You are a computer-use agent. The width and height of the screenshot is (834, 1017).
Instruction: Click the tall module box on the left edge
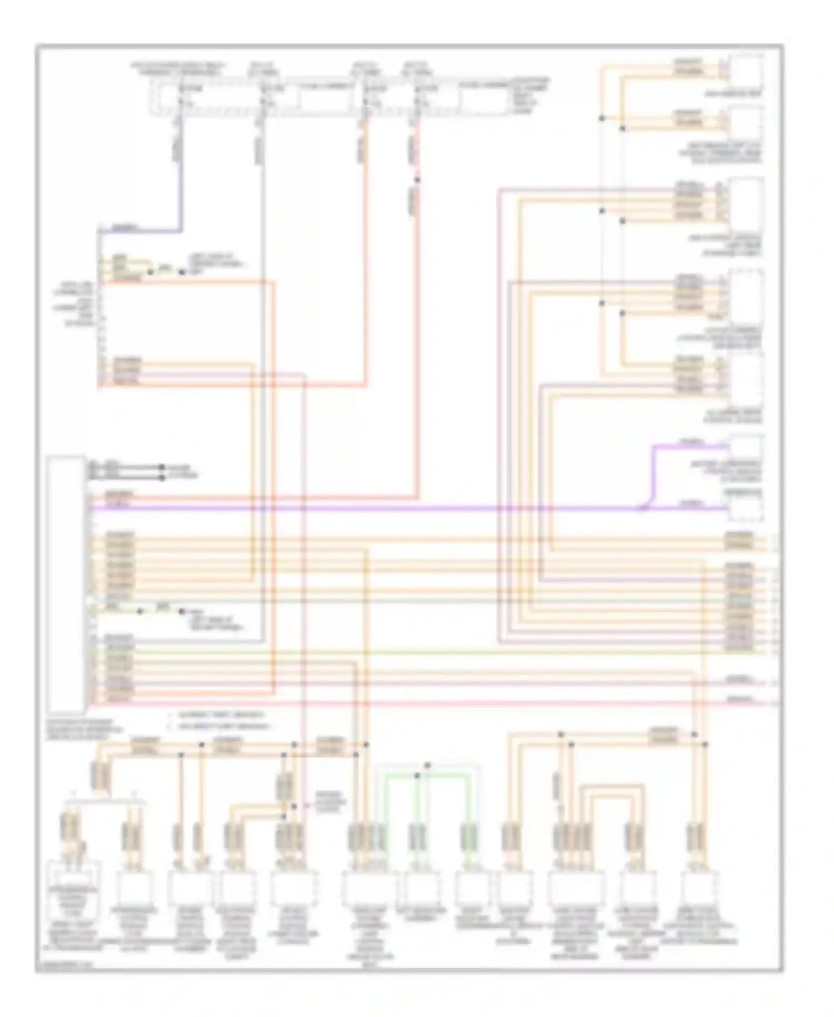pos(66,584)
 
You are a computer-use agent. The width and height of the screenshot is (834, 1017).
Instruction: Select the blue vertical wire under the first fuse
pos(180,184)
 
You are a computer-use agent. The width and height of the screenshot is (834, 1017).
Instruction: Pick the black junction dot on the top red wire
pos(417,180)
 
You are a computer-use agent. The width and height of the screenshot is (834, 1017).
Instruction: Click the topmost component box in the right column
pos(746,71)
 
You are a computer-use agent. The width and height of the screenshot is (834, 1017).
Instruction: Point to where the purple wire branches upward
pos(645,507)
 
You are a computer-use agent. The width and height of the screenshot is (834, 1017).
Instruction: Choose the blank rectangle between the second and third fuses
pos(325,101)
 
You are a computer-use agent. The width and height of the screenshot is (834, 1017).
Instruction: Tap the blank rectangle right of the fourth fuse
pos(483,101)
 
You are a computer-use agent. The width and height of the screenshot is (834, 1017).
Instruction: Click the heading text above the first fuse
pos(178,68)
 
